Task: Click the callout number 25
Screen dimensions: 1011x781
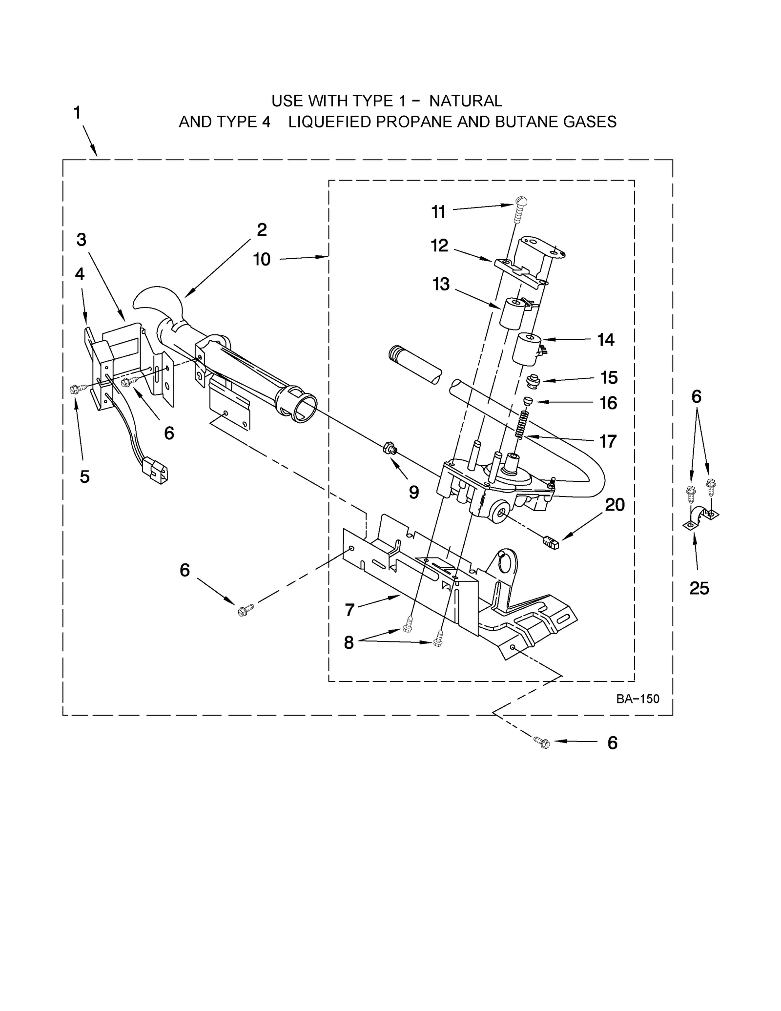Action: tap(699, 588)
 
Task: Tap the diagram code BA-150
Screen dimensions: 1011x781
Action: tap(637, 699)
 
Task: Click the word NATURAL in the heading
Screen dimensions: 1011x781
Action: tap(465, 101)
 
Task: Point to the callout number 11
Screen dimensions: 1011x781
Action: tap(438, 212)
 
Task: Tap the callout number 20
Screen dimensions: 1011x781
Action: tap(615, 505)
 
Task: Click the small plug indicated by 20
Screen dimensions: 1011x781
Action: tap(550, 542)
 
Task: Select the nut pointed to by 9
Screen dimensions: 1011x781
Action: tap(390, 447)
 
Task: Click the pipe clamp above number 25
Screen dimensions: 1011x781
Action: tap(701, 519)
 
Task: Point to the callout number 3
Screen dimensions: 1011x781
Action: tap(82, 240)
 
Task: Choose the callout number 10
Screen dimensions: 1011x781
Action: tap(262, 260)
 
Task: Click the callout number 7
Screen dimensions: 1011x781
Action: tap(349, 610)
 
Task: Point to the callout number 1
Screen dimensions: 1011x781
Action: tap(77, 113)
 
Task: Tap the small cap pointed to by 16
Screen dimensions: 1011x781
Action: tap(527, 401)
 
